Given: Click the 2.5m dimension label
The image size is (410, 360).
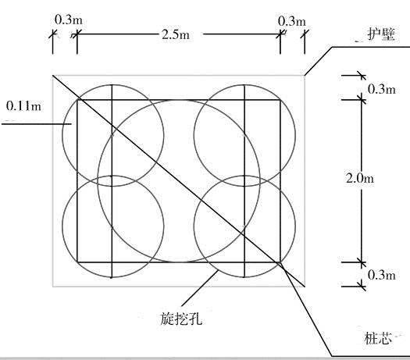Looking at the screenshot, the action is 176,34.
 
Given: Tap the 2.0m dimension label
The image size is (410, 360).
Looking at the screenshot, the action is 360,178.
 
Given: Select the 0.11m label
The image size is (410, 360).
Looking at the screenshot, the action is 23,106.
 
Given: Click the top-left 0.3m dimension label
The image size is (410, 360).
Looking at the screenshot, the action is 69,20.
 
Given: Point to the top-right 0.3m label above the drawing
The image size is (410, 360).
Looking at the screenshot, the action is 292,21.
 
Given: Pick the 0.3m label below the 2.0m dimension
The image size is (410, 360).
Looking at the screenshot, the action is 382,275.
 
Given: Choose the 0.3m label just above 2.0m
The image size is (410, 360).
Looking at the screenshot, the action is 382,89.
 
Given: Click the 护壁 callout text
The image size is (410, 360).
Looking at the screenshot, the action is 381,34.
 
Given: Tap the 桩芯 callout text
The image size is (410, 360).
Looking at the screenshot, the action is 377,338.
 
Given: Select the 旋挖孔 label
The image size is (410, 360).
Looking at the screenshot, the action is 181,319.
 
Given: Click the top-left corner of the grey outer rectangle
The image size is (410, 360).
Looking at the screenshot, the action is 53,76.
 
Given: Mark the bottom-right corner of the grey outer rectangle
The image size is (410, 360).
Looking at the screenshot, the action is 305,287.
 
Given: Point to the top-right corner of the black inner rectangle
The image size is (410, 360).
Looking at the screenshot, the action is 280,100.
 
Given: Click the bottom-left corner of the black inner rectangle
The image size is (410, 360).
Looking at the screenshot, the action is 77,262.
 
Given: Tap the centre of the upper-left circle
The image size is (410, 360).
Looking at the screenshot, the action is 113,135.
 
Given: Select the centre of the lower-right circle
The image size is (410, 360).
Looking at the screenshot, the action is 244,226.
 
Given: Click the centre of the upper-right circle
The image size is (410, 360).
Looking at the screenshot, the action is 244,135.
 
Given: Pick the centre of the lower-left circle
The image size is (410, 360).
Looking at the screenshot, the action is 113,226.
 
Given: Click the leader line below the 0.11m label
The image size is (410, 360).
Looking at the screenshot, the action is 37,124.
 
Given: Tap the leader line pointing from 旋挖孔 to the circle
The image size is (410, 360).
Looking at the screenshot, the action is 200,288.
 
